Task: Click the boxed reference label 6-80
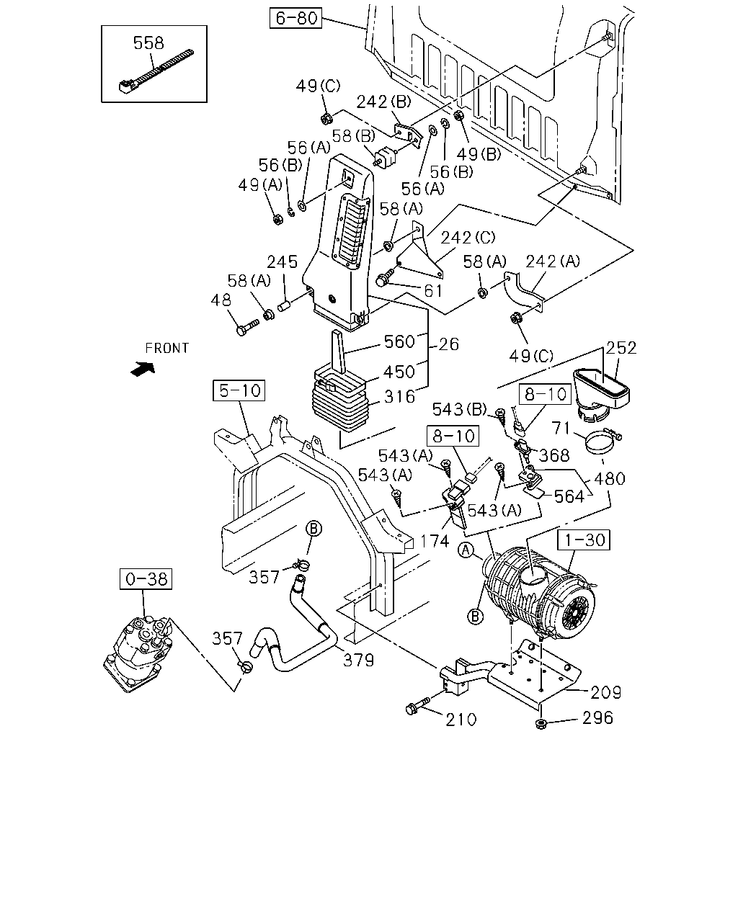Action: click(x=295, y=18)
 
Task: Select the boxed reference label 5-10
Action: click(x=239, y=390)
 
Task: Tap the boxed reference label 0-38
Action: click(x=146, y=579)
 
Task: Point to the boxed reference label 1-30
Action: click(x=584, y=540)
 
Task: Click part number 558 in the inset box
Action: click(x=148, y=42)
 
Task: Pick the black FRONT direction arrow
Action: click(x=143, y=369)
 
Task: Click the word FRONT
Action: click(x=166, y=348)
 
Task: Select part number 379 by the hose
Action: click(x=358, y=661)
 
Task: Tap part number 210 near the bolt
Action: click(x=461, y=720)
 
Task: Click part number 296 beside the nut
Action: click(x=597, y=717)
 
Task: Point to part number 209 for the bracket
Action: click(x=605, y=692)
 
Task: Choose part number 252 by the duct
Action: click(x=621, y=347)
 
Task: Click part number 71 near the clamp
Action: click(x=561, y=428)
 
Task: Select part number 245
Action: click(x=283, y=261)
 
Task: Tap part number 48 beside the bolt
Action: click(x=221, y=300)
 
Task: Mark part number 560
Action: click(x=399, y=341)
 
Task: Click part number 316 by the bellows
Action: click(x=399, y=396)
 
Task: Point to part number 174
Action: click(x=435, y=541)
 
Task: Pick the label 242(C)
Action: click(x=468, y=237)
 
